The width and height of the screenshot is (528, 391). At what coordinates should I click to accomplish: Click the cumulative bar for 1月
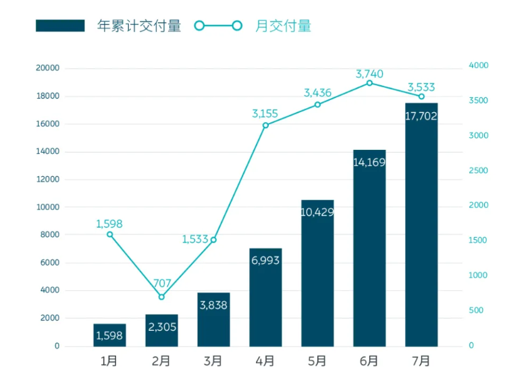click(109, 335)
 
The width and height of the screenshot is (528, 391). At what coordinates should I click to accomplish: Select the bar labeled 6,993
click(265, 297)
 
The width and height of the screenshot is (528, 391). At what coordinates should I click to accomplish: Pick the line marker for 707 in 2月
click(161, 297)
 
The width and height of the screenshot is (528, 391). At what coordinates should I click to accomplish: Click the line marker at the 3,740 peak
click(369, 83)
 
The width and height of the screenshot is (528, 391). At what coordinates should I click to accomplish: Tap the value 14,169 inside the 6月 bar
click(369, 162)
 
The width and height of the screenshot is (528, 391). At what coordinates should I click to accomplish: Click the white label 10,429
click(317, 212)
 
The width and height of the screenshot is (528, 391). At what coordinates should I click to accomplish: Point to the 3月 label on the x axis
click(213, 361)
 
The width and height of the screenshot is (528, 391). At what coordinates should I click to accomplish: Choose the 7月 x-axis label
click(421, 361)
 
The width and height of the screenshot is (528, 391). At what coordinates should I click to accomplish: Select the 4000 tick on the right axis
click(479, 66)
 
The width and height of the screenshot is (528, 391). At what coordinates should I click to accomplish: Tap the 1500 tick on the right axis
click(479, 240)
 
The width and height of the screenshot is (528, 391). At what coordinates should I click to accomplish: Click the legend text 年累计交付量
click(139, 26)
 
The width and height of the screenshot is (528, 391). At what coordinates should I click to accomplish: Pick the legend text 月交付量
click(283, 26)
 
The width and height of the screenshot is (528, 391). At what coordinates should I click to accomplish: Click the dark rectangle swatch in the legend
click(60, 26)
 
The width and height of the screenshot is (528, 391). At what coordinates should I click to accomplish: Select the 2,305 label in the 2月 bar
click(161, 328)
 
